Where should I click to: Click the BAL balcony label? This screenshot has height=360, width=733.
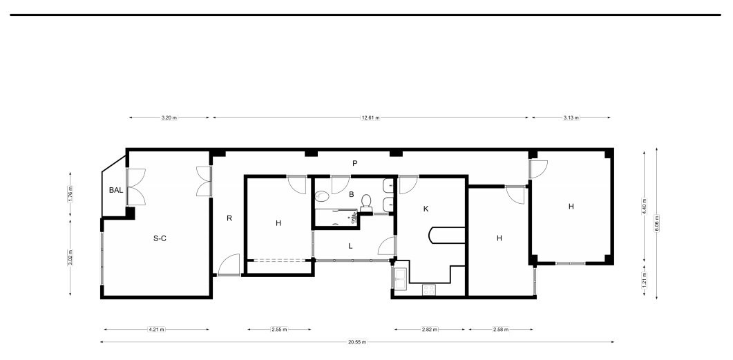pos(116,190)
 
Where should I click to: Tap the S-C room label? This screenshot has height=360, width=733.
pos(160,238)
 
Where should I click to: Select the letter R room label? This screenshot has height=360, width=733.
pos(229,218)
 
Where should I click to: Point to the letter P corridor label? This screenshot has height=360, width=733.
pos(355,163)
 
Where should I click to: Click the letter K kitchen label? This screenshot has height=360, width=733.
pos(426,209)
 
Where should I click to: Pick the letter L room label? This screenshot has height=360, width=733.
pos(350,246)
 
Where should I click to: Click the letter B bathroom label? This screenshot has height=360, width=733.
pos(351,194)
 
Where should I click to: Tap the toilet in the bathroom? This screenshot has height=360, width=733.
pos(366,202)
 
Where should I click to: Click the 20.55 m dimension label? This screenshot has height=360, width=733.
pos(357,342)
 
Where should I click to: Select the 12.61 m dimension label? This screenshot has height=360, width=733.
pos(371,118)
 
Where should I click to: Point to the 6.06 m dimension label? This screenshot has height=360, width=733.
pos(657,223)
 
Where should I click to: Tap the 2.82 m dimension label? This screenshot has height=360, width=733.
pos(430,330)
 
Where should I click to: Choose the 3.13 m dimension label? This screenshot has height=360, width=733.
pos(571,118)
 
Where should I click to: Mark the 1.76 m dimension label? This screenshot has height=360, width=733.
pos(70,194)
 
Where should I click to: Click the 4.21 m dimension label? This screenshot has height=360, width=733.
pos(156,330)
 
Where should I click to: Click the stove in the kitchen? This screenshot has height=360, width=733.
pos(429,290)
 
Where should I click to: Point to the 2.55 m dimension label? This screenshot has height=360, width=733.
pos(279,330)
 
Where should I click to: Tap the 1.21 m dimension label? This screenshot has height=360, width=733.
pos(644,279)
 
